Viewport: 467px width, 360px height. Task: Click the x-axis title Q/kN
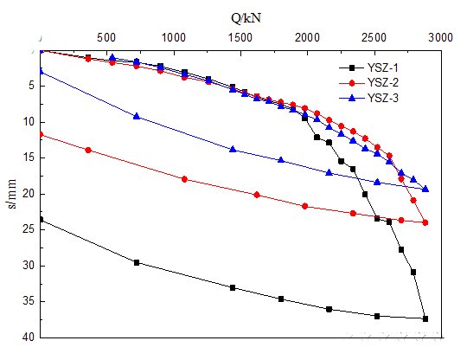coord(241,16)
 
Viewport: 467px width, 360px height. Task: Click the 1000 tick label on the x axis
coord(174,37)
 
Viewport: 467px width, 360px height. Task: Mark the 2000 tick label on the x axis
coord(307,37)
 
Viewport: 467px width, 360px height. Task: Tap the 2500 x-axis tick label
coord(374,37)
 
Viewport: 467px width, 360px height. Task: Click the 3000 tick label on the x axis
coord(439,37)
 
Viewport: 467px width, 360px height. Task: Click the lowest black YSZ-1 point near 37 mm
coord(425,318)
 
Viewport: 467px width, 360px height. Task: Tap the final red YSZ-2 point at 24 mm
coord(425,222)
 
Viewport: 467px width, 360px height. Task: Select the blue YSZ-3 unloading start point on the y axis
coord(41,71)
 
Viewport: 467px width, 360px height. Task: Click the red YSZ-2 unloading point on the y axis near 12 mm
coord(41,134)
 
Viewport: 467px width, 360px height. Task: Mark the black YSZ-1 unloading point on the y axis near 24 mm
coord(41,220)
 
